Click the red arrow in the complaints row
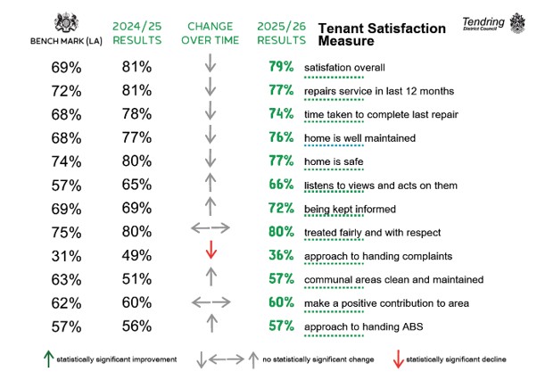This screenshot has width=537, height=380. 211,250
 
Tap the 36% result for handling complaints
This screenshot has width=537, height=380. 281,255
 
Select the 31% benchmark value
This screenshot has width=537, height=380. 66,256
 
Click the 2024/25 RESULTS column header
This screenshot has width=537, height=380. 137,33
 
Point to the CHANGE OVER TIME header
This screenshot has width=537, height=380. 210,33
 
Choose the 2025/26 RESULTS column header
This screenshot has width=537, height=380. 282,33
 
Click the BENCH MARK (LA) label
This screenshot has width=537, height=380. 66,41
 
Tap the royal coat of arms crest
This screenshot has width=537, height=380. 66,23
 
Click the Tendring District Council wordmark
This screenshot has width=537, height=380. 483,23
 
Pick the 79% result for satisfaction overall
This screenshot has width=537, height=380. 281,66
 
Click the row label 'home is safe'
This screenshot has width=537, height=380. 334,161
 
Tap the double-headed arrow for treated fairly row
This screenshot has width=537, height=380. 211,227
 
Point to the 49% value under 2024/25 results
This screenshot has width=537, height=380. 136,255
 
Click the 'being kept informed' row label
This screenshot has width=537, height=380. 350,209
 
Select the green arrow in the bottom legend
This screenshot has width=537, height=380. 49,359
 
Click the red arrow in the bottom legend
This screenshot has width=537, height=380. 398,359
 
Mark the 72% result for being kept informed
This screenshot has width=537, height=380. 281,208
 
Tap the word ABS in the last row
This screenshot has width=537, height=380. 413,326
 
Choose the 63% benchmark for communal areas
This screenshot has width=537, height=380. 66,280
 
